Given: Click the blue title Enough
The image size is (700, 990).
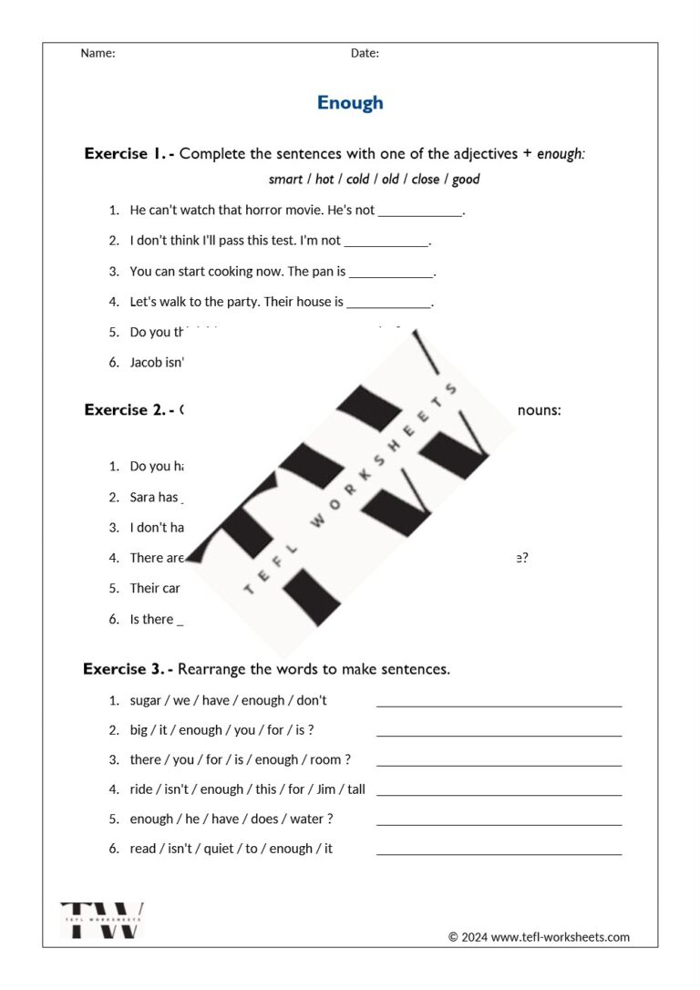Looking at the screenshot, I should (x=350, y=103).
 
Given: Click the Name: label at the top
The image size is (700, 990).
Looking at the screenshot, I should (x=98, y=53).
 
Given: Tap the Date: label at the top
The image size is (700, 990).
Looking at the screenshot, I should (x=365, y=53).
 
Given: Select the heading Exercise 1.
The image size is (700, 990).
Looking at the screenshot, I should (x=129, y=153).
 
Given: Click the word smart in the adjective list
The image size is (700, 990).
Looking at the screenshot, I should (x=285, y=180).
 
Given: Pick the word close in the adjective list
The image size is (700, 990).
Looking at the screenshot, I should (x=425, y=180).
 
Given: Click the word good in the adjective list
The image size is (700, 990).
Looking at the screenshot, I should (x=466, y=180).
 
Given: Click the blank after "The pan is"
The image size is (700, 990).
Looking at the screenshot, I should (x=391, y=273).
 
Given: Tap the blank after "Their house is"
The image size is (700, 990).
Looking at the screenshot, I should (x=388, y=303).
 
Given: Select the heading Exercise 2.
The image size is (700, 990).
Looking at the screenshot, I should (x=129, y=410).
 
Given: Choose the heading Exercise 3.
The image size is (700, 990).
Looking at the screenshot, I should (x=128, y=669).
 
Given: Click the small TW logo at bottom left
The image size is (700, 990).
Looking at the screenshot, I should (x=102, y=920).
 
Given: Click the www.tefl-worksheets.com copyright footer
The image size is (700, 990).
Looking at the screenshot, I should (x=539, y=937).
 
